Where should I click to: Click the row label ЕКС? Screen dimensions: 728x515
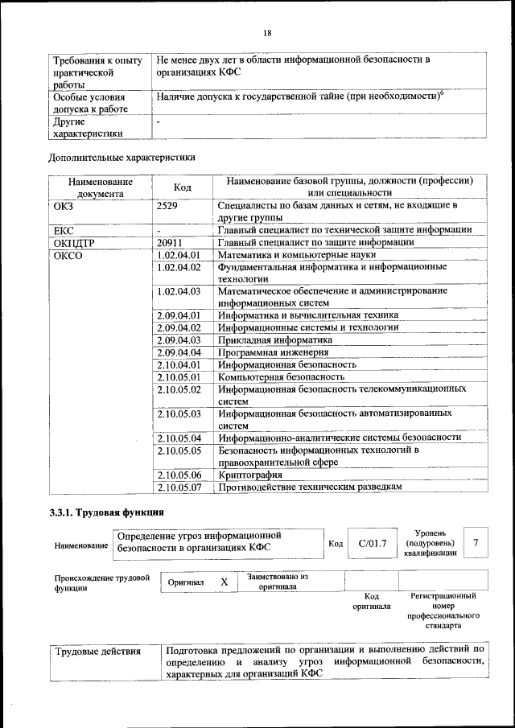tap(64, 230)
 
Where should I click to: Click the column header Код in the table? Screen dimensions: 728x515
tap(182, 187)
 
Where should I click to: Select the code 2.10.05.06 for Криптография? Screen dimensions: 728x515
tap(179, 475)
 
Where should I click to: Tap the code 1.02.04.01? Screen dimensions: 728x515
tap(179, 255)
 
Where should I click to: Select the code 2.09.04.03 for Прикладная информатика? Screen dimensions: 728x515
tap(179, 339)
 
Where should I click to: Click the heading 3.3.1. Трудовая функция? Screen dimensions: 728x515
tap(107, 512)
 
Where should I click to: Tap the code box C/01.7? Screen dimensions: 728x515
tap(372, 544)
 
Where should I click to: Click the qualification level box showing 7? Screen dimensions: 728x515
tap(476, 544)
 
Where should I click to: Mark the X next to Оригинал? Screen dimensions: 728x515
tap(225, 582)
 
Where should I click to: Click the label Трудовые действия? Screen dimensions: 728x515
tap(97, 651)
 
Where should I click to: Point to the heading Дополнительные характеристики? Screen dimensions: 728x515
tap(122, 157)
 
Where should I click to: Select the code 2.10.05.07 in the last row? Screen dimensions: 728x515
tap(179, 487)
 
